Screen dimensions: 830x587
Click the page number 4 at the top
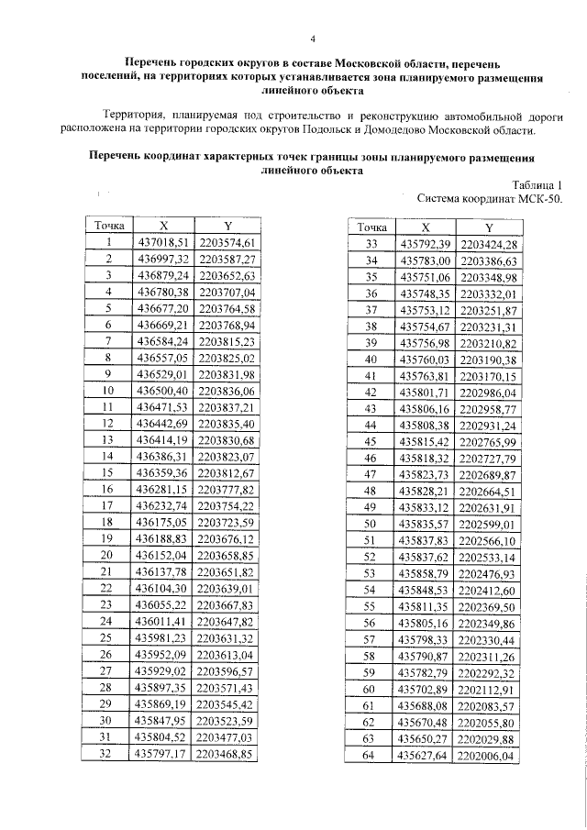[x=313, y=39]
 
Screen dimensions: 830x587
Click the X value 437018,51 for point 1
[x=163, y=242]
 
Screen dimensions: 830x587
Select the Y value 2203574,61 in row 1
[x=226, y=242]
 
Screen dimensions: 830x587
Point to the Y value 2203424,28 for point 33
[x=489, y=244]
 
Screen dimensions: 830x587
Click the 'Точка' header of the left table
[x=108, y=226]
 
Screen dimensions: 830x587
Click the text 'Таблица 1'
[x=535, y=183]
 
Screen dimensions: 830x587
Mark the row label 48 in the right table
[x=371, y=491]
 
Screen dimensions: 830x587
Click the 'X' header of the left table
[x=163, y=226]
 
